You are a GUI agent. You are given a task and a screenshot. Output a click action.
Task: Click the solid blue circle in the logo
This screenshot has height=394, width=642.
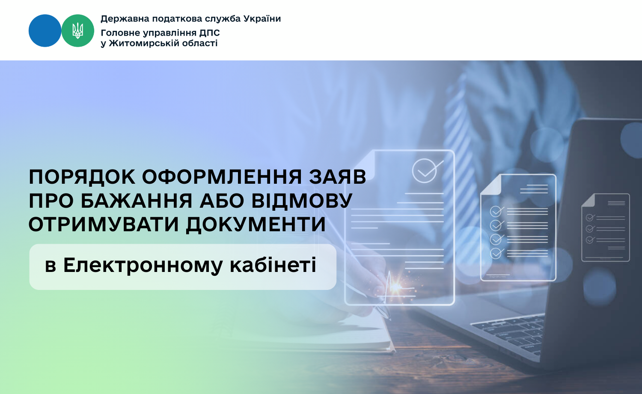click(45, 31)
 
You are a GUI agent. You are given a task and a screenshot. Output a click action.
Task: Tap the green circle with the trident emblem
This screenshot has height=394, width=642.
click(77, 31)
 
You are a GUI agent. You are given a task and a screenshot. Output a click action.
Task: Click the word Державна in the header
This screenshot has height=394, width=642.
click(125, 19)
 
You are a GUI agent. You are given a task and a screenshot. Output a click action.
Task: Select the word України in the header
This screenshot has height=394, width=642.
click(262, 19)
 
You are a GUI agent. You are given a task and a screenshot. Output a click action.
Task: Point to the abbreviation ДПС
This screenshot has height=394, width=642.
click(210, 33)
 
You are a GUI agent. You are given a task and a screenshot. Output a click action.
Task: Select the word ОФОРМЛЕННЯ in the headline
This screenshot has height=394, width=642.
click(222, 176)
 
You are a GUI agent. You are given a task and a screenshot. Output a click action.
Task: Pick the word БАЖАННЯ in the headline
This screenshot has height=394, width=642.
click(136, 200)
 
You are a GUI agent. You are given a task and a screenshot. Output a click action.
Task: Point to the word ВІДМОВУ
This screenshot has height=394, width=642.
click(302, 200)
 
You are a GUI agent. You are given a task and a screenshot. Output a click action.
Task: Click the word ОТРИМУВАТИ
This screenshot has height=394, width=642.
click(104, 224)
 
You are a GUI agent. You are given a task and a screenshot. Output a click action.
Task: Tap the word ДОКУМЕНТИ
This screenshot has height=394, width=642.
click(256, 224)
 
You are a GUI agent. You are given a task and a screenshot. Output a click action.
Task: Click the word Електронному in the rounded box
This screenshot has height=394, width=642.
click(143, 265)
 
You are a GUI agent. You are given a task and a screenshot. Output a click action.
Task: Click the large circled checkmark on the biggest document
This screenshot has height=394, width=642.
click(425, 171)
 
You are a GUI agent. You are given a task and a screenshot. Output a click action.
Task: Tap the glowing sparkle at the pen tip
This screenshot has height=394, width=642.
click(396, 286)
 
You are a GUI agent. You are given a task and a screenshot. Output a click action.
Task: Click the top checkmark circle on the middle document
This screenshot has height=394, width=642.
click(496, 212)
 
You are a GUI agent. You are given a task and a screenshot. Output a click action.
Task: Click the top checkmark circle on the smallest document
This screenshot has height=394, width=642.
click(590, 218)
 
